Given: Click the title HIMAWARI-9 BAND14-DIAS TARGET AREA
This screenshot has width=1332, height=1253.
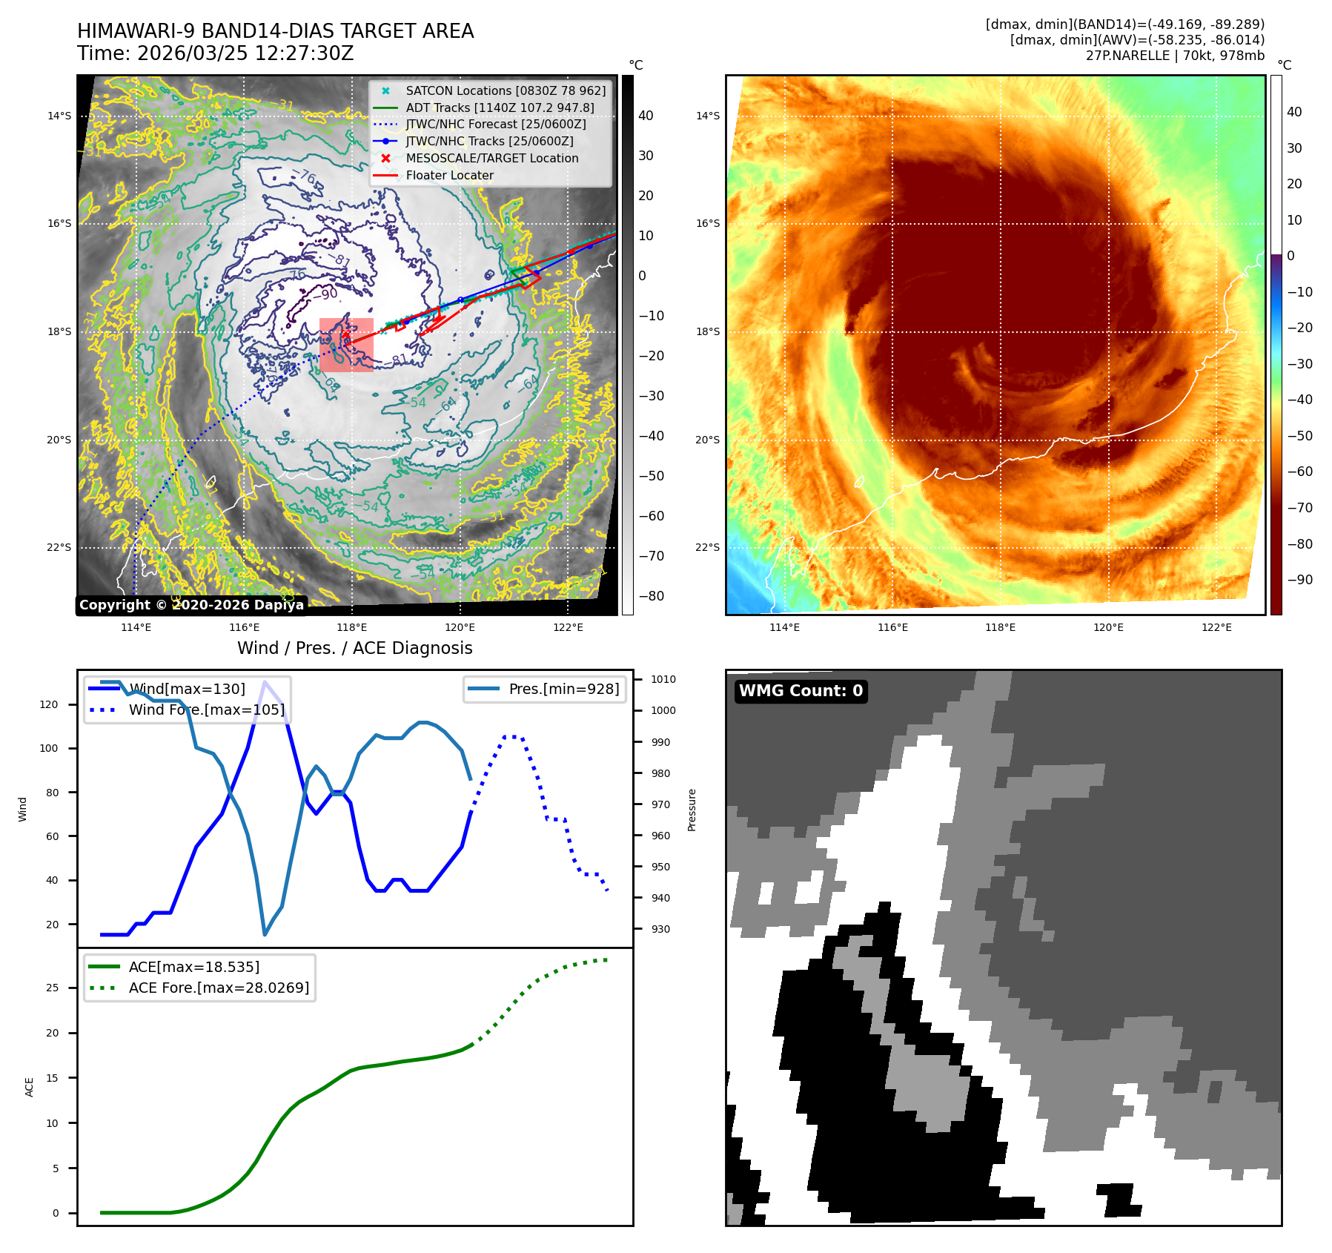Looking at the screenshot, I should pos(275,31).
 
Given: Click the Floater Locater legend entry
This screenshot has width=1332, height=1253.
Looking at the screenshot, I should pos(449,176).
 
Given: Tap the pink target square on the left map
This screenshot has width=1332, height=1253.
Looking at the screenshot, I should pos(346,345).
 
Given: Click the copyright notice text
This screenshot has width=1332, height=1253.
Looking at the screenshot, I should pos(191,605).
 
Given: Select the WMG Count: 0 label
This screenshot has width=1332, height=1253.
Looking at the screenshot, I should pos(801,691).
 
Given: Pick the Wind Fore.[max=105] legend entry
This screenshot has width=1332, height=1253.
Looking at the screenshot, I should pos(206,710).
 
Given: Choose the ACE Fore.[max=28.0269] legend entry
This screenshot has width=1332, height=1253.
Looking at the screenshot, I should pos(219,988).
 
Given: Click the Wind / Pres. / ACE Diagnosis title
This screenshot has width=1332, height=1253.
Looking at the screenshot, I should pos(354,648).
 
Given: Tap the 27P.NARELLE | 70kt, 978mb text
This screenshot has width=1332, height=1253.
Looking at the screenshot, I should pos(1175,56).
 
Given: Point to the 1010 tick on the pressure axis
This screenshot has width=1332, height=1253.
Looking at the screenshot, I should pos(663,679).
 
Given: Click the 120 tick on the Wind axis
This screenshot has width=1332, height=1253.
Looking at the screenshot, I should pos(49,704).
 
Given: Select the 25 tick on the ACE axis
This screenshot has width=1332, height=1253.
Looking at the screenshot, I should pos(53,988).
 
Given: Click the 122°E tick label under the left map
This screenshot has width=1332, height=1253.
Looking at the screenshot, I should pos(568,627).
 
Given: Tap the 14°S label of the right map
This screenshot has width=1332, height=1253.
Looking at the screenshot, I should pos(707,116).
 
